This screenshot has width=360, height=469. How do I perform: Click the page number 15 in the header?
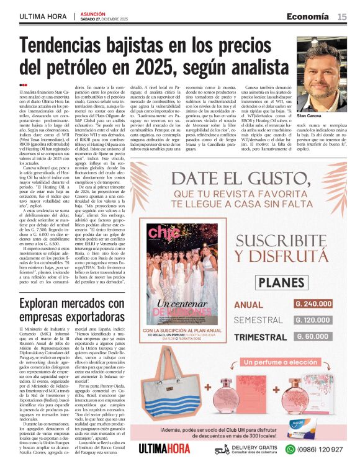pos(342,17)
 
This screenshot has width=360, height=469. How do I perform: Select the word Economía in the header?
pos(312,17)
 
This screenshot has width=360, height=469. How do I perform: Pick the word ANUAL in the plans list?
pos(250,305)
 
